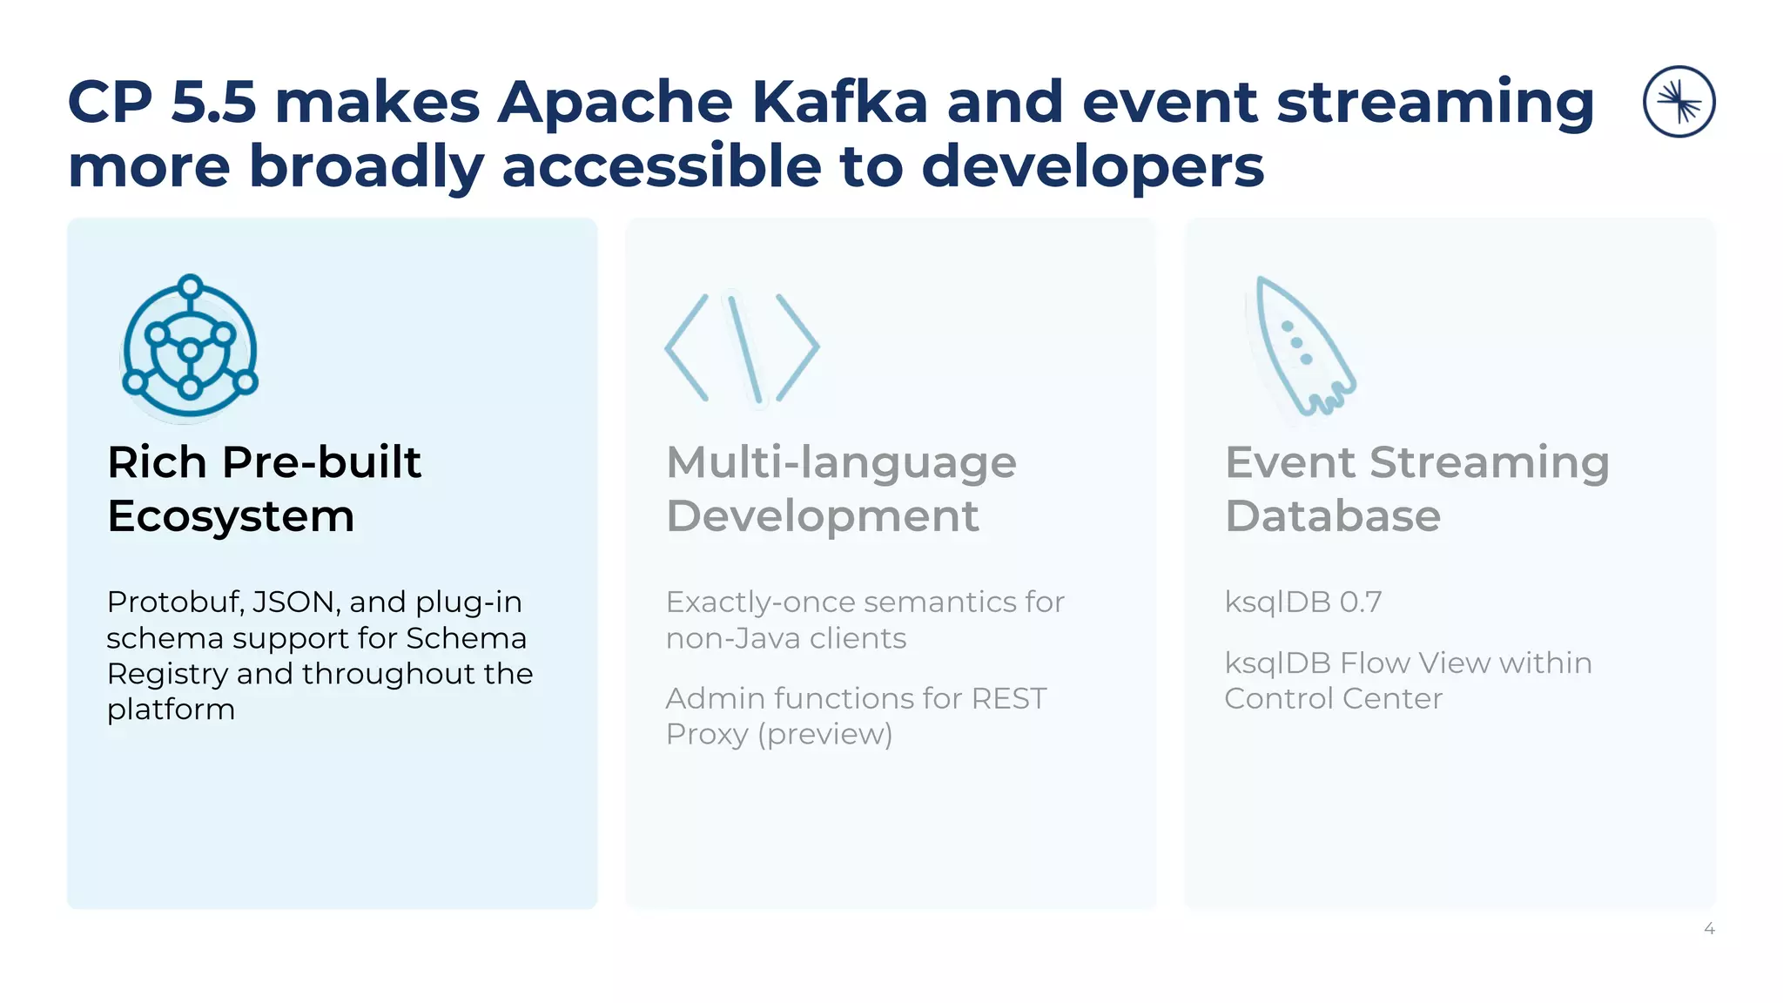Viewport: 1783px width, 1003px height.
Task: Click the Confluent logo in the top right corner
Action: pyautogui.click(x=1679, y=102)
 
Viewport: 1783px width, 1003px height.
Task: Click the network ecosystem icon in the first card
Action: pyautogui.click(x=190, y=347)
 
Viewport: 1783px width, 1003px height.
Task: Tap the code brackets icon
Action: pyautogui.click(x=742, y=348)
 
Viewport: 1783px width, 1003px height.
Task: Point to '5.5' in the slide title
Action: pyautogui.click(x=213, y=102)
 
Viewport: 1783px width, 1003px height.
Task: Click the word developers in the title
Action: pyautogui.click(x=1092, y=166)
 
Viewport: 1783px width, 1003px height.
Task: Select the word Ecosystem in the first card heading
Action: pyautogui.click(x=231, y=515)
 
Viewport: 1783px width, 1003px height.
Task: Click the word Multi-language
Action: pyautogui.click(x=841, y=462)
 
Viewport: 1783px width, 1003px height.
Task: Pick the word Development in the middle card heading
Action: pyautogui.click(x=822, y=515)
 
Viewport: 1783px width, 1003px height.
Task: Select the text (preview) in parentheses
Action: pyautogui.click(x=824, y=735)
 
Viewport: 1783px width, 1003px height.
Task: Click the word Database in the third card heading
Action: pyautogui.click(x=1332, y=515)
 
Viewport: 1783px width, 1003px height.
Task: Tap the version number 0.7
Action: pyautogui.click(x=1361, y=602)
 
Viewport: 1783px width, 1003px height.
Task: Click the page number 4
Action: pyautogui.click(x=1709, y=929)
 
